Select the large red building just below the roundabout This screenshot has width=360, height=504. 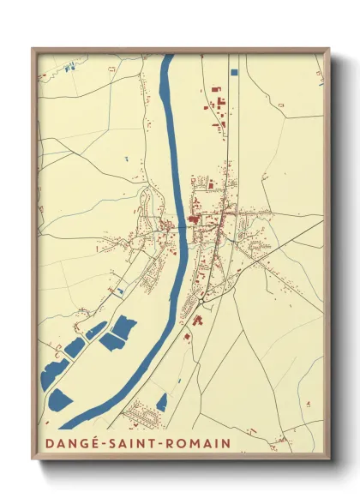coord(196,320)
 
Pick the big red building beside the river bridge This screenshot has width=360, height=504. coord(193,219)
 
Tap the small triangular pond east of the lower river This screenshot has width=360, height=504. coord(161,401)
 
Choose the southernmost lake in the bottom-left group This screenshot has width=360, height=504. coord(61,399)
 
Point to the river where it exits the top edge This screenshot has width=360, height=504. coord(168,57)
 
